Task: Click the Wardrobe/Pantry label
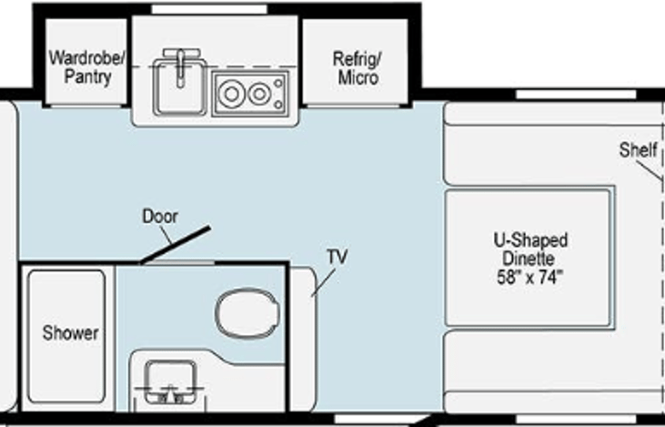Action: pyautogui.click(x=87, y=67)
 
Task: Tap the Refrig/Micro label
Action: pyautogui.click(x=358, y=68)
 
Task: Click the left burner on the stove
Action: pyautogui.click(x=232, y=94)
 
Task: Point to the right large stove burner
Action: pyautogui.click(x=259, y=94)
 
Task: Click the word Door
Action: pyautogui.click(x=160, y=216)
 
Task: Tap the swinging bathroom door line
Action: pyautogui.click(x=176, y=245)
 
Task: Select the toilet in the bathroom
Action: pyautogui.click(x=247, y=313)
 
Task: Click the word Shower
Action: pyautogui.click(x=70, y=333)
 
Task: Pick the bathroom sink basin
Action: pyautogui.click(x=170, y=381)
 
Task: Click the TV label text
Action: pyautogui.click(x=338, y=257)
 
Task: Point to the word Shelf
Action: pyautogui.click(x=638, y=150)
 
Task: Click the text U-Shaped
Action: pyautogui.click(x=530, y=240)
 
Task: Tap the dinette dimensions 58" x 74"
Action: pyautogui.click(x=529, y=277)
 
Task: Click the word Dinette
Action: pyautogui.click(x=529, y=259)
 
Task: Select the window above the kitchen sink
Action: pyautogui.click(x=209, y=9)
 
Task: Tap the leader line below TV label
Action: pyautogui.click(x=323, y=282)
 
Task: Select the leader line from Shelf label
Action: pyautogui.click(x=649, y=170)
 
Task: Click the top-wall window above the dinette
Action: pyautogui.click(x=576, y=94)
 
